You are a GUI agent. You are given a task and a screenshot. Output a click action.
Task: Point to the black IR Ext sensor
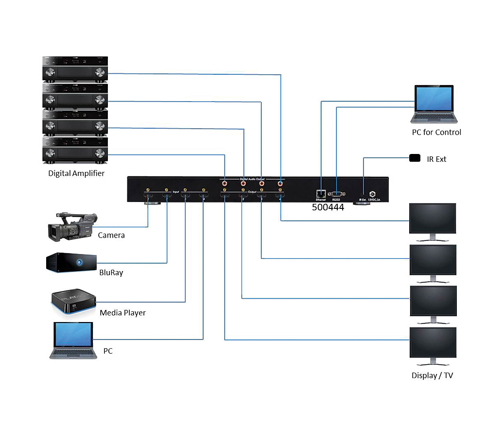click(415, 158)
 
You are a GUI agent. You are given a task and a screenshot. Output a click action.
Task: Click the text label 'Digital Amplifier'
click(76, 173)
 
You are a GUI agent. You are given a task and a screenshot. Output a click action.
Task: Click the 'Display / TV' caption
click(432, 375)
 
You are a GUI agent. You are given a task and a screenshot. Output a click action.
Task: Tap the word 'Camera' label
click(111, 236)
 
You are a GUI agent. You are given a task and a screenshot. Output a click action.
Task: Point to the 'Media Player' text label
click(122, 313)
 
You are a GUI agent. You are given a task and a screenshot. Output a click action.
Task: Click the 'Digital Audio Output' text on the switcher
click(252, 179)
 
